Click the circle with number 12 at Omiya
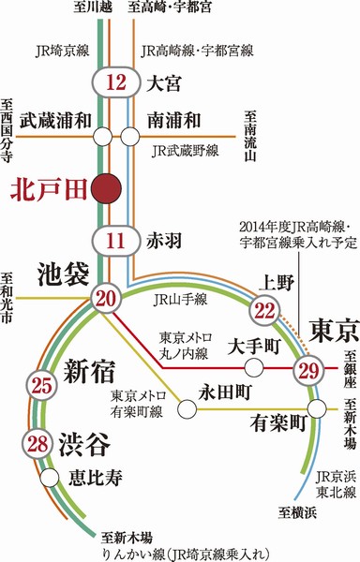pos(117,83)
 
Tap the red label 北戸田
pos(47,187)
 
